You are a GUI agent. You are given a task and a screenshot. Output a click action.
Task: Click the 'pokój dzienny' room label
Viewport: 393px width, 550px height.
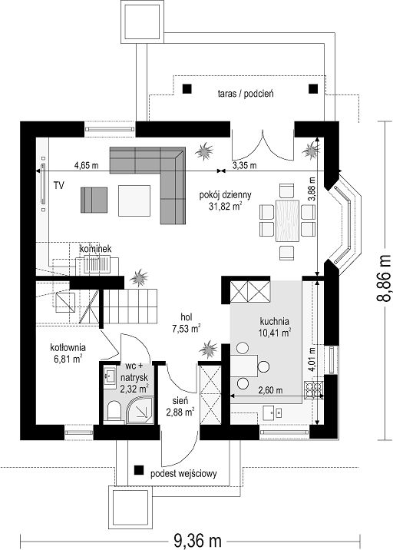[225, 195]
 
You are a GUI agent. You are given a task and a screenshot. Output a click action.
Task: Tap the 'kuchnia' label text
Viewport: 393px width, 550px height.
[274, 321]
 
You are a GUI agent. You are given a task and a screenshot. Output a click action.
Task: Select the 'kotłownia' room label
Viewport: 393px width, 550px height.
[68, 348]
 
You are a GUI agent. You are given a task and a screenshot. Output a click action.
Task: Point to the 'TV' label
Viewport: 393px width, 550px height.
[59, 185]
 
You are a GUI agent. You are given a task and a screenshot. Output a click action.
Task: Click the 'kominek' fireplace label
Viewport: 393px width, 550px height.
[95, 249]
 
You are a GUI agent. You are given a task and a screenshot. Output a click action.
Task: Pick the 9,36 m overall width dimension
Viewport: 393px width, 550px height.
[197, 540]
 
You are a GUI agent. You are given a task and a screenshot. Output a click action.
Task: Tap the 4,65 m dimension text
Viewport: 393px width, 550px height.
[86, 165]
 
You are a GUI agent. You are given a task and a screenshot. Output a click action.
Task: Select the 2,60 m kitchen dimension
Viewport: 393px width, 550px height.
[271, 389]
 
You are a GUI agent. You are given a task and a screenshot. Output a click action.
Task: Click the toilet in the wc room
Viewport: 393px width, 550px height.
[114, 411]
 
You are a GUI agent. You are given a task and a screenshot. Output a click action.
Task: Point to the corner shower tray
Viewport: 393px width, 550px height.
[140, 410]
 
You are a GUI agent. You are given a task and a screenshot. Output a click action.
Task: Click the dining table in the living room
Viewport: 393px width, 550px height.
[288, 220]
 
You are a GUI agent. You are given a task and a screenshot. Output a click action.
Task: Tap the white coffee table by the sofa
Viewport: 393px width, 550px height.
[134, 200]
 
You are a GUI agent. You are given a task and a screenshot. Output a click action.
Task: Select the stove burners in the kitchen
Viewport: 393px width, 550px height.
[314, 389]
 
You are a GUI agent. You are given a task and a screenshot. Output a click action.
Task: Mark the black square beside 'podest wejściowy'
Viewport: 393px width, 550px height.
[140, 470]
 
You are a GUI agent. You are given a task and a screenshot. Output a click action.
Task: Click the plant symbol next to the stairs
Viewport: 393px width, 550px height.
[139, 278]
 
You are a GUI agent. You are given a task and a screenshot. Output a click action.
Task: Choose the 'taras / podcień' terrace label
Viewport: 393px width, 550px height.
[246, 94]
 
